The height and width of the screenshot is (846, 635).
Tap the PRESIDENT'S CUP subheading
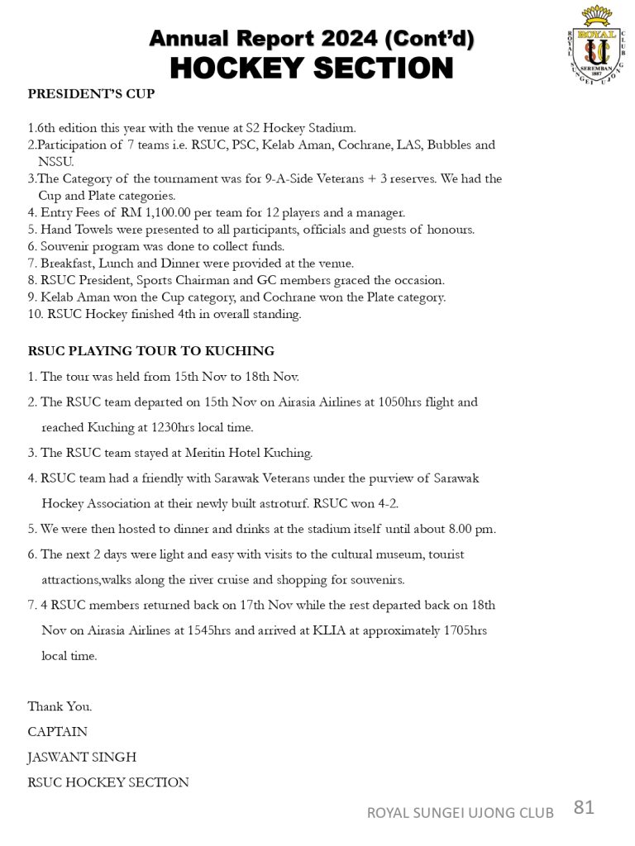(x=91, y=94)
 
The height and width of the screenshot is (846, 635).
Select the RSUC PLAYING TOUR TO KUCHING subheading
(x=151, y=351)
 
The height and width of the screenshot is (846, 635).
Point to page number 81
(x=583, y=807)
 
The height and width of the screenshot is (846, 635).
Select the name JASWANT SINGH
(x=82, y=757)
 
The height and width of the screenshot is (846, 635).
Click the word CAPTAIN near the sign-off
(x=58, y=732)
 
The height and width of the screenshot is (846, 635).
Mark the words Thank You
(x=60, y=706)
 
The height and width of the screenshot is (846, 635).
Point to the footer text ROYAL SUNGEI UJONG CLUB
(x=461, y=813)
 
